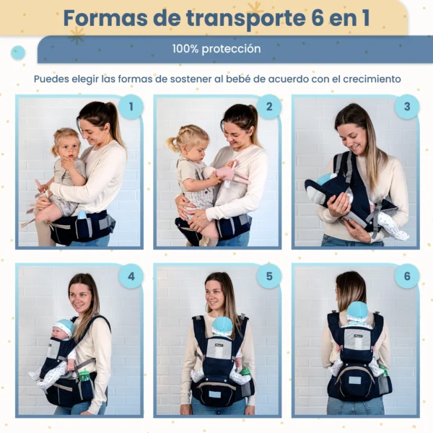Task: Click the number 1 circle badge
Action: click(x=131, y=107)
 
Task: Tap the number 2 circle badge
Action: click(x=269, y=107)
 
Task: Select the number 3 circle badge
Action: click(x=407, y=107)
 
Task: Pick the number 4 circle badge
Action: click(x=131, y=276)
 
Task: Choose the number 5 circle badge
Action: click(x=269, y=276)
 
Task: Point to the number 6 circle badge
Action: click(x=407, y=276)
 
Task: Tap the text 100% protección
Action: click(x=216, y=49)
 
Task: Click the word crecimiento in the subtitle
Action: click(x=372, y=79)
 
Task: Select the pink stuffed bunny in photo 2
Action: click(x=227, y=175)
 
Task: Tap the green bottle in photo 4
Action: click(x=84, y=375)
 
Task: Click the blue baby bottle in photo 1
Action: click(x=82, y=215)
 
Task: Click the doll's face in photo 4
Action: click(x=58, y=333)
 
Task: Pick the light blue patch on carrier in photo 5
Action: click(x=214, y=394)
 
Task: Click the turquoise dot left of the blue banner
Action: click(x=18, y=53)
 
